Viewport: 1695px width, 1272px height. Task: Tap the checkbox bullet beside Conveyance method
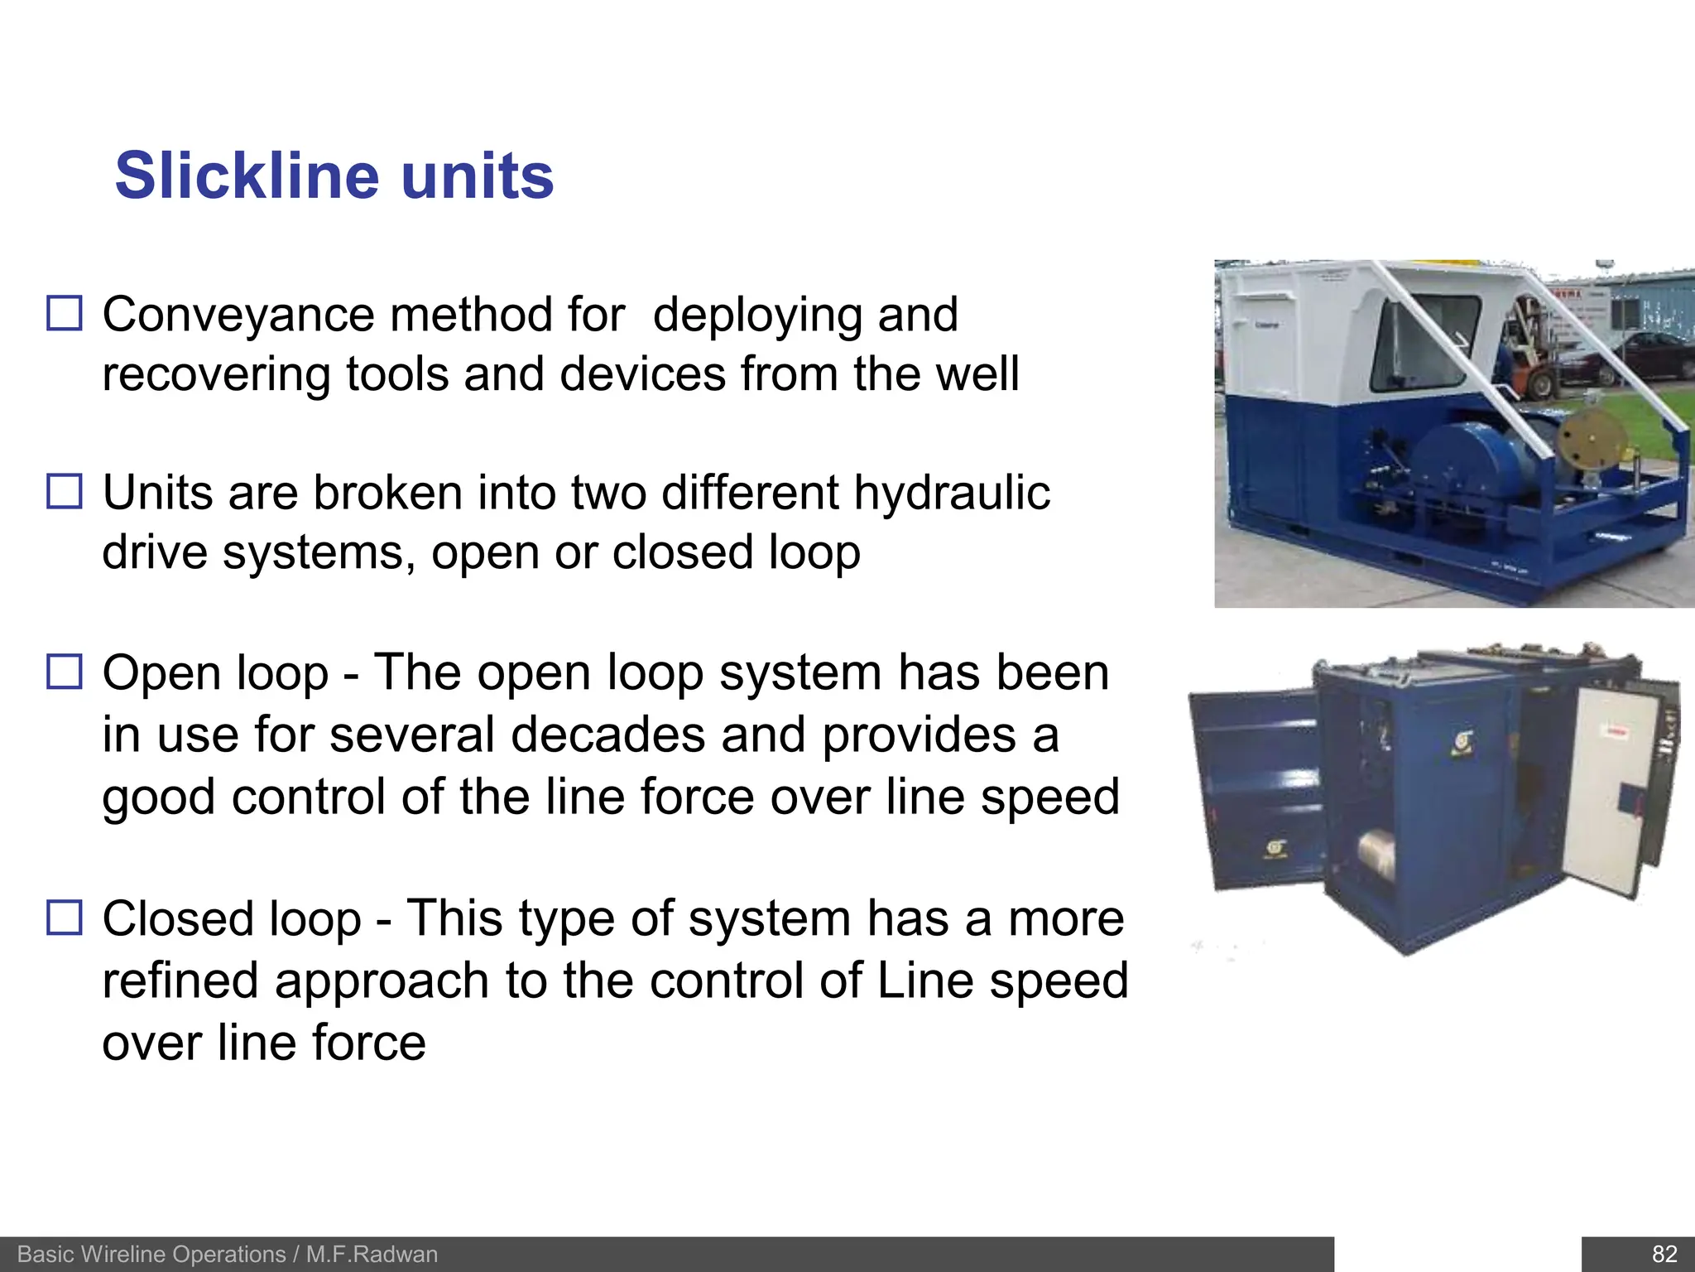tap(65, 314)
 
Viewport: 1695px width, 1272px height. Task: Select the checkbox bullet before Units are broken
tap(65, 491)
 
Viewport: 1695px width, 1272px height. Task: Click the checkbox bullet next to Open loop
tap(65, 672)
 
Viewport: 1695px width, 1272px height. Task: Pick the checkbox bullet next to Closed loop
tap(65, 918)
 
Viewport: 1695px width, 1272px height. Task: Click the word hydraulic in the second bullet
tap(952, 494)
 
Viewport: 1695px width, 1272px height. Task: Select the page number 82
tap(1664, 1255)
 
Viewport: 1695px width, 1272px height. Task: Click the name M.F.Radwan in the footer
tap(372, 1255)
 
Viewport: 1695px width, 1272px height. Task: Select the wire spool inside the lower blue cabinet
tap(1376, 857)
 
